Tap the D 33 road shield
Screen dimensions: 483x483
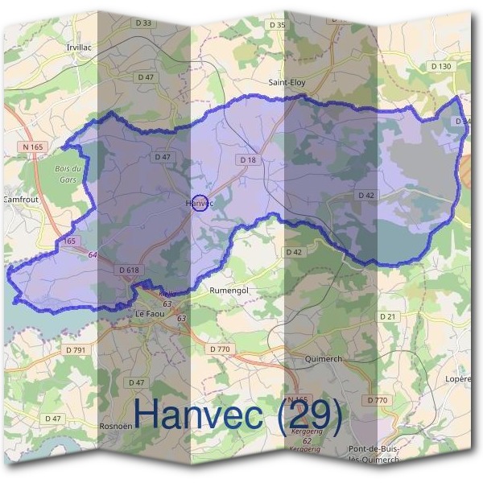(144, 23)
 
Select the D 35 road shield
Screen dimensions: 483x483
(278, 25)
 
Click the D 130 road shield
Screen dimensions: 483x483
(440, 66)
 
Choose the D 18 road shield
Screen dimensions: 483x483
(248, 160)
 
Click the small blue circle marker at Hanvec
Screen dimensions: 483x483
(200, 202)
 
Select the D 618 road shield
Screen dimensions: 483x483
(128, 270)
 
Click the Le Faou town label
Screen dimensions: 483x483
(150, 314)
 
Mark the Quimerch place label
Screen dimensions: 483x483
(325, 357)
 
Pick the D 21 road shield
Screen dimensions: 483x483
(388, 317)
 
